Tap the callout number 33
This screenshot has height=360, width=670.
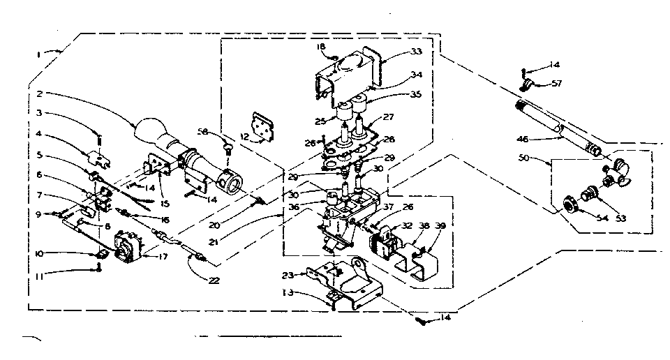click(x=417, y=52)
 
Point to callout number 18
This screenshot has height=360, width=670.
click(x=322, y=47)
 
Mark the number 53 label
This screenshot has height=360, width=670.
click(x=620, y=218)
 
